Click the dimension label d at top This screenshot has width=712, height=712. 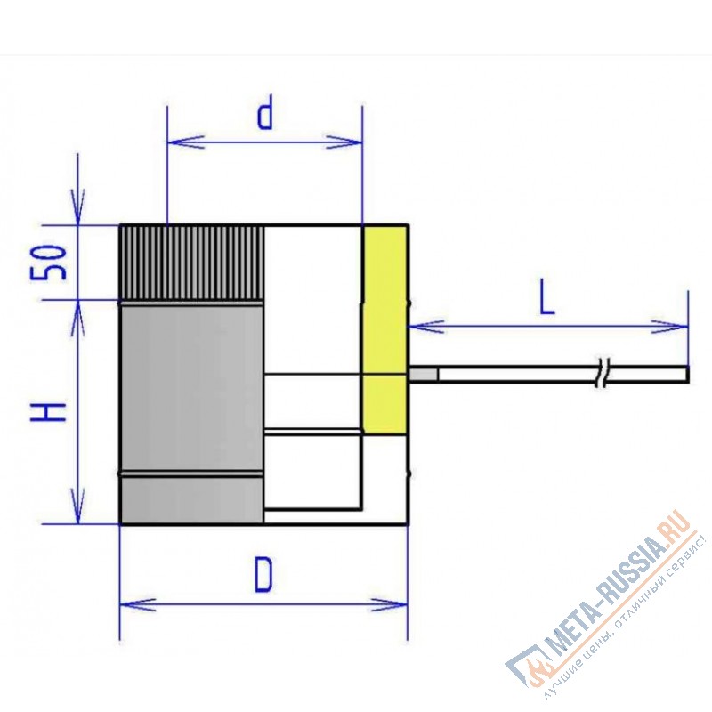tap(265, 112)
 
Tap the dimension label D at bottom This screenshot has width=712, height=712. tap(263, 574)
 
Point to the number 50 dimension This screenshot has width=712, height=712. tap(49, 263)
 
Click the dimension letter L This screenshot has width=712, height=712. tap(547, 299)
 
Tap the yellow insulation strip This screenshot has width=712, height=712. tap(384, 328)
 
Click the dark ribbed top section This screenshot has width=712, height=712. tap(191, 262)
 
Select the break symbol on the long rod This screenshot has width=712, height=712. tap(603, 373)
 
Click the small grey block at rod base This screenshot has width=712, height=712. tap(424, 375)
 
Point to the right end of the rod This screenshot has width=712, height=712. tap(688, 375)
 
